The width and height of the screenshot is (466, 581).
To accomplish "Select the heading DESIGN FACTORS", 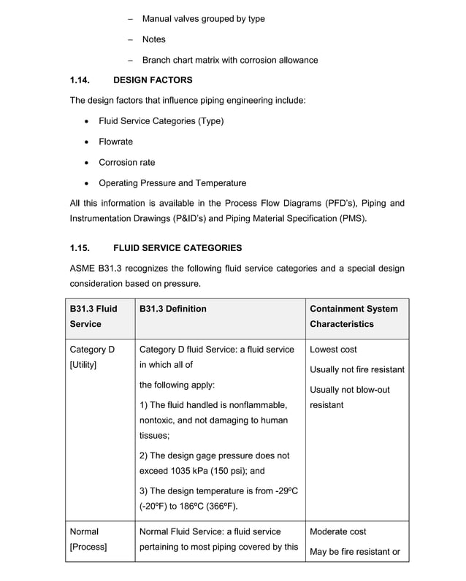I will (153, 80).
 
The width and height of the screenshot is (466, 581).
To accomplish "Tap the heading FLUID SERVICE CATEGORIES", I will (177, 248).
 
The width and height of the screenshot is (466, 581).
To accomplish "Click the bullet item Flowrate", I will (115, 142).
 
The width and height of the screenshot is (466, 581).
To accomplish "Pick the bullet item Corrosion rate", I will (126, 162).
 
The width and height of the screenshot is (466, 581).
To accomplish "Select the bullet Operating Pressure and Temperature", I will (172, 183).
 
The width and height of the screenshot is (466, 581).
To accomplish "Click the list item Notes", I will (153, 39).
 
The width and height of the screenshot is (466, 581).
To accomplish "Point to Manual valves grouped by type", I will (203, 18).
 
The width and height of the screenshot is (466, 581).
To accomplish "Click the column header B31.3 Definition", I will (172, 309).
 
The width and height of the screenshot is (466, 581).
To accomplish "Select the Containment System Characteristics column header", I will (354, 316).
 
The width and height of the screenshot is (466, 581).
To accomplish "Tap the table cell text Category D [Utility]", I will (92, 356).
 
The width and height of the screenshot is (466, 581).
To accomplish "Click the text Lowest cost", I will (333, 350).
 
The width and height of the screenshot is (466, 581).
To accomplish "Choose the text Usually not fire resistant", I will (356, 369).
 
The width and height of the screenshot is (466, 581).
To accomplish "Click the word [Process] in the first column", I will (88, 547).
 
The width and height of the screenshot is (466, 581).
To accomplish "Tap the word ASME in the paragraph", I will (83, 269).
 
